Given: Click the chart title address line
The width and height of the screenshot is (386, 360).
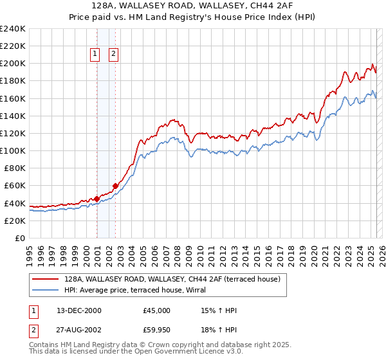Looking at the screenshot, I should (193, 6).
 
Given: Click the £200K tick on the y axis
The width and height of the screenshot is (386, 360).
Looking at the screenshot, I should (13, 64).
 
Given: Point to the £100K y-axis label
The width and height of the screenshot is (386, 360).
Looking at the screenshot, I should (13, 150).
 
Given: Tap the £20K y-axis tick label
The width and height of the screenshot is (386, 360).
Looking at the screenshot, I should (15, 221).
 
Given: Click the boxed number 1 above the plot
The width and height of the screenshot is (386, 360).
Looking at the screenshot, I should (95, 55).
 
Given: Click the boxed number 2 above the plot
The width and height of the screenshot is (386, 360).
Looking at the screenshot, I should (113, 55).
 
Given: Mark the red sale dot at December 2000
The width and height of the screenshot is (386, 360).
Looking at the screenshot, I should (96, 199).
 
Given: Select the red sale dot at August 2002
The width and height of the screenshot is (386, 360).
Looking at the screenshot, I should (116, 186).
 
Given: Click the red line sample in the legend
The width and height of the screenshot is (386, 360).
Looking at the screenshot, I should (46, 280).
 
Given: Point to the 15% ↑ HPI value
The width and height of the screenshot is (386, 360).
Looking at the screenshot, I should (219, 310).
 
